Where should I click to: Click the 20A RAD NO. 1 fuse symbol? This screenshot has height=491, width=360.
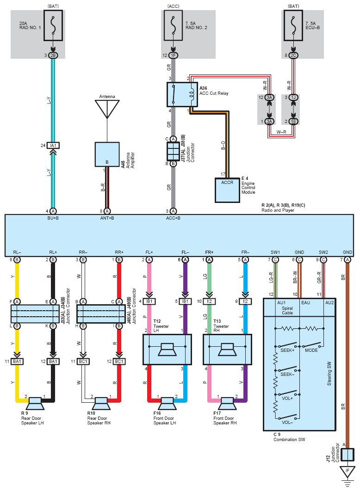53,25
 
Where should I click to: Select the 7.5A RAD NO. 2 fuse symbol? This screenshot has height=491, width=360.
173,25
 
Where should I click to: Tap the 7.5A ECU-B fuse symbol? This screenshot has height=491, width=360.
293,25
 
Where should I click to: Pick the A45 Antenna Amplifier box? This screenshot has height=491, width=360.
107,154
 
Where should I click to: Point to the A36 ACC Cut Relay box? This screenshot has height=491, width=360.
182,95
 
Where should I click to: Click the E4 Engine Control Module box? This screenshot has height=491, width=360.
227,190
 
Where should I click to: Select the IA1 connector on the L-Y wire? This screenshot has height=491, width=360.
53,145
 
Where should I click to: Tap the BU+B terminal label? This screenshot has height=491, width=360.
53,218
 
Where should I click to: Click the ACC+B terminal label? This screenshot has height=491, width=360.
173,218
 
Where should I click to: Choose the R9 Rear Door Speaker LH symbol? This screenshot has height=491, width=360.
35,403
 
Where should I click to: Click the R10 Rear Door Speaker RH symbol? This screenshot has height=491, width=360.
101,403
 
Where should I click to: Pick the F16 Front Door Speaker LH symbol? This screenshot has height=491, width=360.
167,403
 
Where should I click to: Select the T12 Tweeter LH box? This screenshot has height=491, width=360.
167,350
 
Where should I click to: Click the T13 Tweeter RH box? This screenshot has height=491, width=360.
227,350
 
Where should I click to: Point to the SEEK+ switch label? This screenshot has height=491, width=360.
287,350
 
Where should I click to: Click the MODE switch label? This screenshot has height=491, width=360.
311,350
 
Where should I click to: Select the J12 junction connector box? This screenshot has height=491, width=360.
347,454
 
